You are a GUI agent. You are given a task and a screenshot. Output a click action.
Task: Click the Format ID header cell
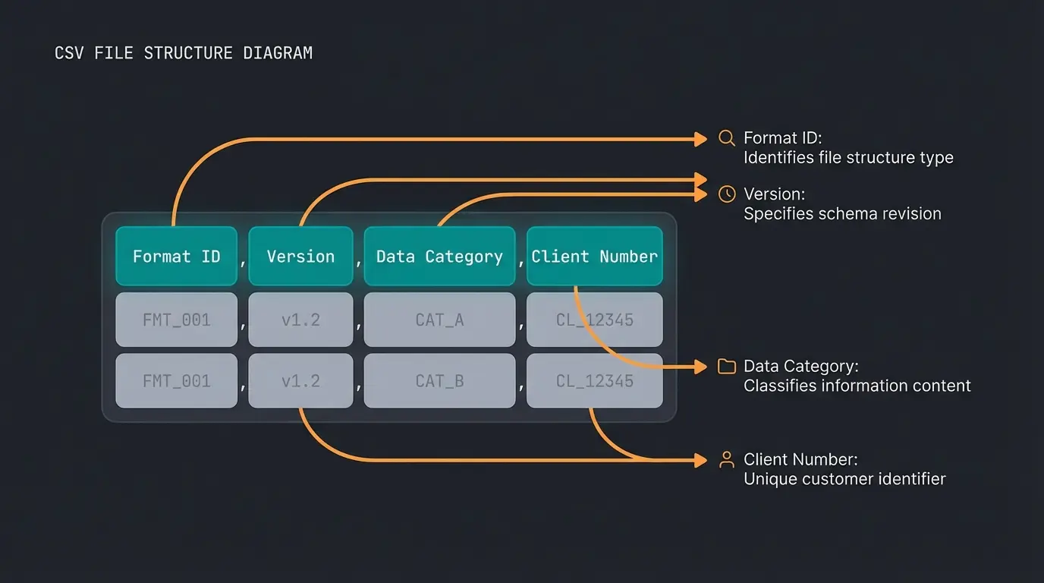coord(176,257)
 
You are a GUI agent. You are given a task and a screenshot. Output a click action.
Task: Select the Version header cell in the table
coord(300,257)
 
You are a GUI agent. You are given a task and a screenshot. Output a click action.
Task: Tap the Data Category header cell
coord(439,257)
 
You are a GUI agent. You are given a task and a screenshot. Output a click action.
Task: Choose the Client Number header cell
coord(594,257)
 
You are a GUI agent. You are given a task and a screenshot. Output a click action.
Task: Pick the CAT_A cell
coord(439,320)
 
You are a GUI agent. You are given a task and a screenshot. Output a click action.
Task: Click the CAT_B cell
coord(439,380)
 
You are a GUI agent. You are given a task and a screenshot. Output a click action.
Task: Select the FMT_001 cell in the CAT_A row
coord(176,320)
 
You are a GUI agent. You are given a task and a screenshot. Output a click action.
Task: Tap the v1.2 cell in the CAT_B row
coord(300,380)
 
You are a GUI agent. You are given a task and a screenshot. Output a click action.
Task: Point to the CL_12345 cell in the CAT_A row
coord(594,320)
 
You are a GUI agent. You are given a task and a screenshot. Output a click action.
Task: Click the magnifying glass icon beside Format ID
coord(726,138)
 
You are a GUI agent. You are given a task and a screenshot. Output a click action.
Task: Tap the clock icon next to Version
coord(726,194)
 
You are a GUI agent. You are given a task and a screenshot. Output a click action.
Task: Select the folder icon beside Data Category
coord(726,367)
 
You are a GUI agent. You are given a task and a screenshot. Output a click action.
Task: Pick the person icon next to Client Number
coord(726,459)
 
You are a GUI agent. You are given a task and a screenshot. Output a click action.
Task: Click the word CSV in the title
coord(71,53)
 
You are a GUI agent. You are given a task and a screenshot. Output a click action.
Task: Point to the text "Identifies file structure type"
coord(848,158)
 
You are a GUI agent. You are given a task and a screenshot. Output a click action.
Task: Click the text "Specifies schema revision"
coord(842,214)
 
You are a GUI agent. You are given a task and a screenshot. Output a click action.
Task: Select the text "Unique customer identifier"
coord(844,479)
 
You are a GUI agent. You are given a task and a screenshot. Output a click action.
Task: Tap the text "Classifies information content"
coord(857,386)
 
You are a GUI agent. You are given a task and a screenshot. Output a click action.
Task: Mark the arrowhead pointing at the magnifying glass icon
coord(700,139)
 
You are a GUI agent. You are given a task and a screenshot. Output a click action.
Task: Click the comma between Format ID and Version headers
coord(243,263)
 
